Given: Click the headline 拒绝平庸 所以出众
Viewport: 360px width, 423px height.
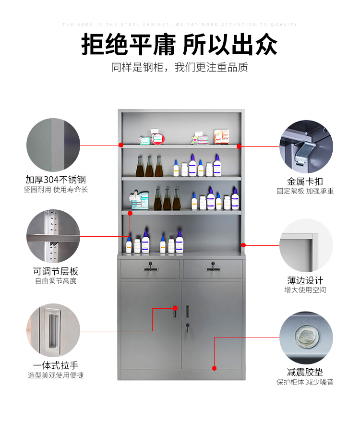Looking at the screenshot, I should [180, 45].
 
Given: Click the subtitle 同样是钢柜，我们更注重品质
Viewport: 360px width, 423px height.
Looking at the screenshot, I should [180, 67].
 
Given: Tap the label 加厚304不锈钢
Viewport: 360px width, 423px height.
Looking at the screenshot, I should [56, 180].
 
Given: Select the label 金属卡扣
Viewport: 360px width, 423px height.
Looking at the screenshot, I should [305, 181].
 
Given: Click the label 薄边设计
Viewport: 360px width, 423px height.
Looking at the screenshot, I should [305, 280].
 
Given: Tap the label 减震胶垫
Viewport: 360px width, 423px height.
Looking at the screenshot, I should [305, 372].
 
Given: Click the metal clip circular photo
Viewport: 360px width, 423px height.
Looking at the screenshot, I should [306, 146].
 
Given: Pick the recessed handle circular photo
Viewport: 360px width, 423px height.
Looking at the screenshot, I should [53, 330].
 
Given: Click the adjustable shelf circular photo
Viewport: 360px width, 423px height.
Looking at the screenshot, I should [53, 236].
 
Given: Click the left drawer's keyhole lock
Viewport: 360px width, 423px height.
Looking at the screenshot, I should [150, 264].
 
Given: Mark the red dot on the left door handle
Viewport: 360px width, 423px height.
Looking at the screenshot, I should [175, 308].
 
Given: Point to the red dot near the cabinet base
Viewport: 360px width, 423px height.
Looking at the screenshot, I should [215, 368].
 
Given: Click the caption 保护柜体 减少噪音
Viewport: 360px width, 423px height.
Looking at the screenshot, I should [305, 382].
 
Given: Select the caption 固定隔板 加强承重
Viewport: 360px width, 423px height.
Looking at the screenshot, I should [305, 191].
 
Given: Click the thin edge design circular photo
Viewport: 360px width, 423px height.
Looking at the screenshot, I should [306, 245].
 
